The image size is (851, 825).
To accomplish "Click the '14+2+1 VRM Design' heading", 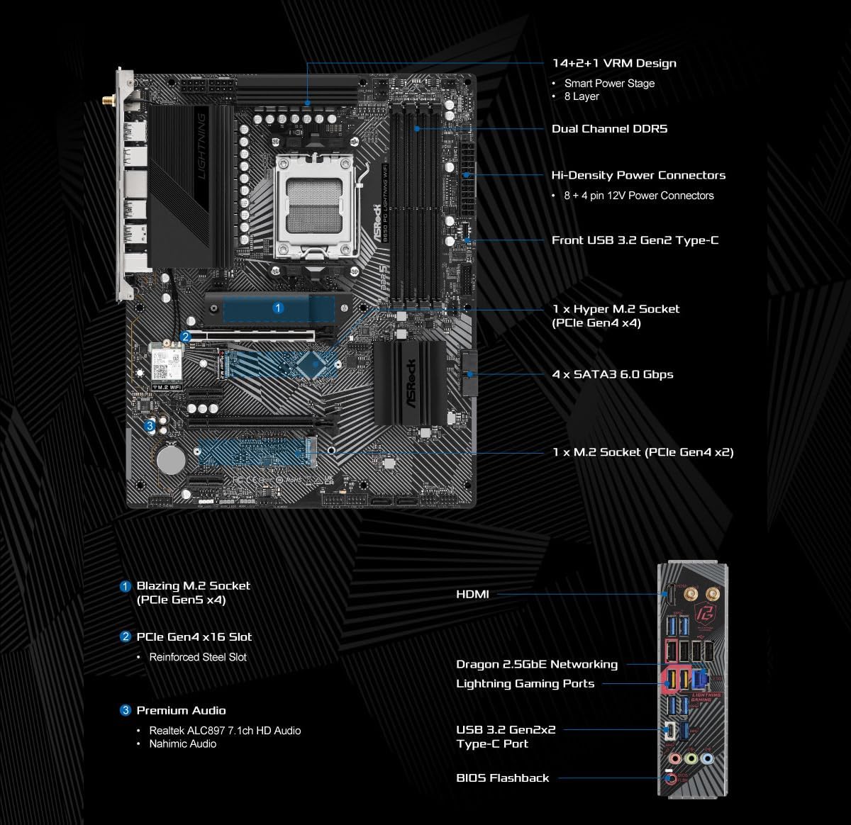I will click(614, 63).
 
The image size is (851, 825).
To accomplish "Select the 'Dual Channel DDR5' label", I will click(609, 128).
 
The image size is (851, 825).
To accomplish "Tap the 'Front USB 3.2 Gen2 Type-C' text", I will click(635, 240).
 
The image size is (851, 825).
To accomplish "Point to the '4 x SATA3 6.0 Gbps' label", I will click(612, 374).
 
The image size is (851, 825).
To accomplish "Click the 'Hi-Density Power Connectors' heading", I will click(638, 175).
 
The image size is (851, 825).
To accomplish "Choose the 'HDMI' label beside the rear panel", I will click(472, 594).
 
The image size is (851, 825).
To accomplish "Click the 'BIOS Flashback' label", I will click(502, 778).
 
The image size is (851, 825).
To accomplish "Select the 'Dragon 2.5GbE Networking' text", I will click(536, 664).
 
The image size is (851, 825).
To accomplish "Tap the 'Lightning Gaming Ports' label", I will click(525, 683).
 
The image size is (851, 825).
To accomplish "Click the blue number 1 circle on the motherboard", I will click(278, 308).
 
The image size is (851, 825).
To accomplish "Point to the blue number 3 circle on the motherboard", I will click(149, 426).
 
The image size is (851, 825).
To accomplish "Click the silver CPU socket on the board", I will click(316, 205).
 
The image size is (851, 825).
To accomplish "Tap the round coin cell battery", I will click(171, 459).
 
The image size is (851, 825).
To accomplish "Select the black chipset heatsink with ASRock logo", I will click(408, 381).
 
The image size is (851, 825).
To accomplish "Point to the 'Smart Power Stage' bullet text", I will click(609, 83).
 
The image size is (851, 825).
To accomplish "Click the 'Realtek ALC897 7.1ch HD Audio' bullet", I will click(225, 730).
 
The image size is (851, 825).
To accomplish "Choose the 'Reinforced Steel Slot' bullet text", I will click(198, 657).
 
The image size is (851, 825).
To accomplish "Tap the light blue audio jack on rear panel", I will click(706, 758).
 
